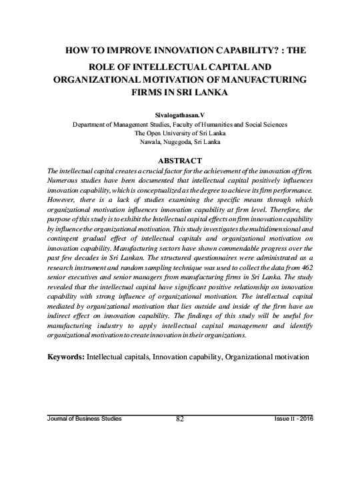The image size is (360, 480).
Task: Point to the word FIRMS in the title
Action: tap(151, 94)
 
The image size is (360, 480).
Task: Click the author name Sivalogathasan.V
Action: tap(179, 115)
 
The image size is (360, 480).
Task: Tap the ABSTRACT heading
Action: tap(179, 161)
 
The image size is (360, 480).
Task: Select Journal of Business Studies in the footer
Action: tap(84, 418)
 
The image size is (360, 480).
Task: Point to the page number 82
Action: tap(179, 418)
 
